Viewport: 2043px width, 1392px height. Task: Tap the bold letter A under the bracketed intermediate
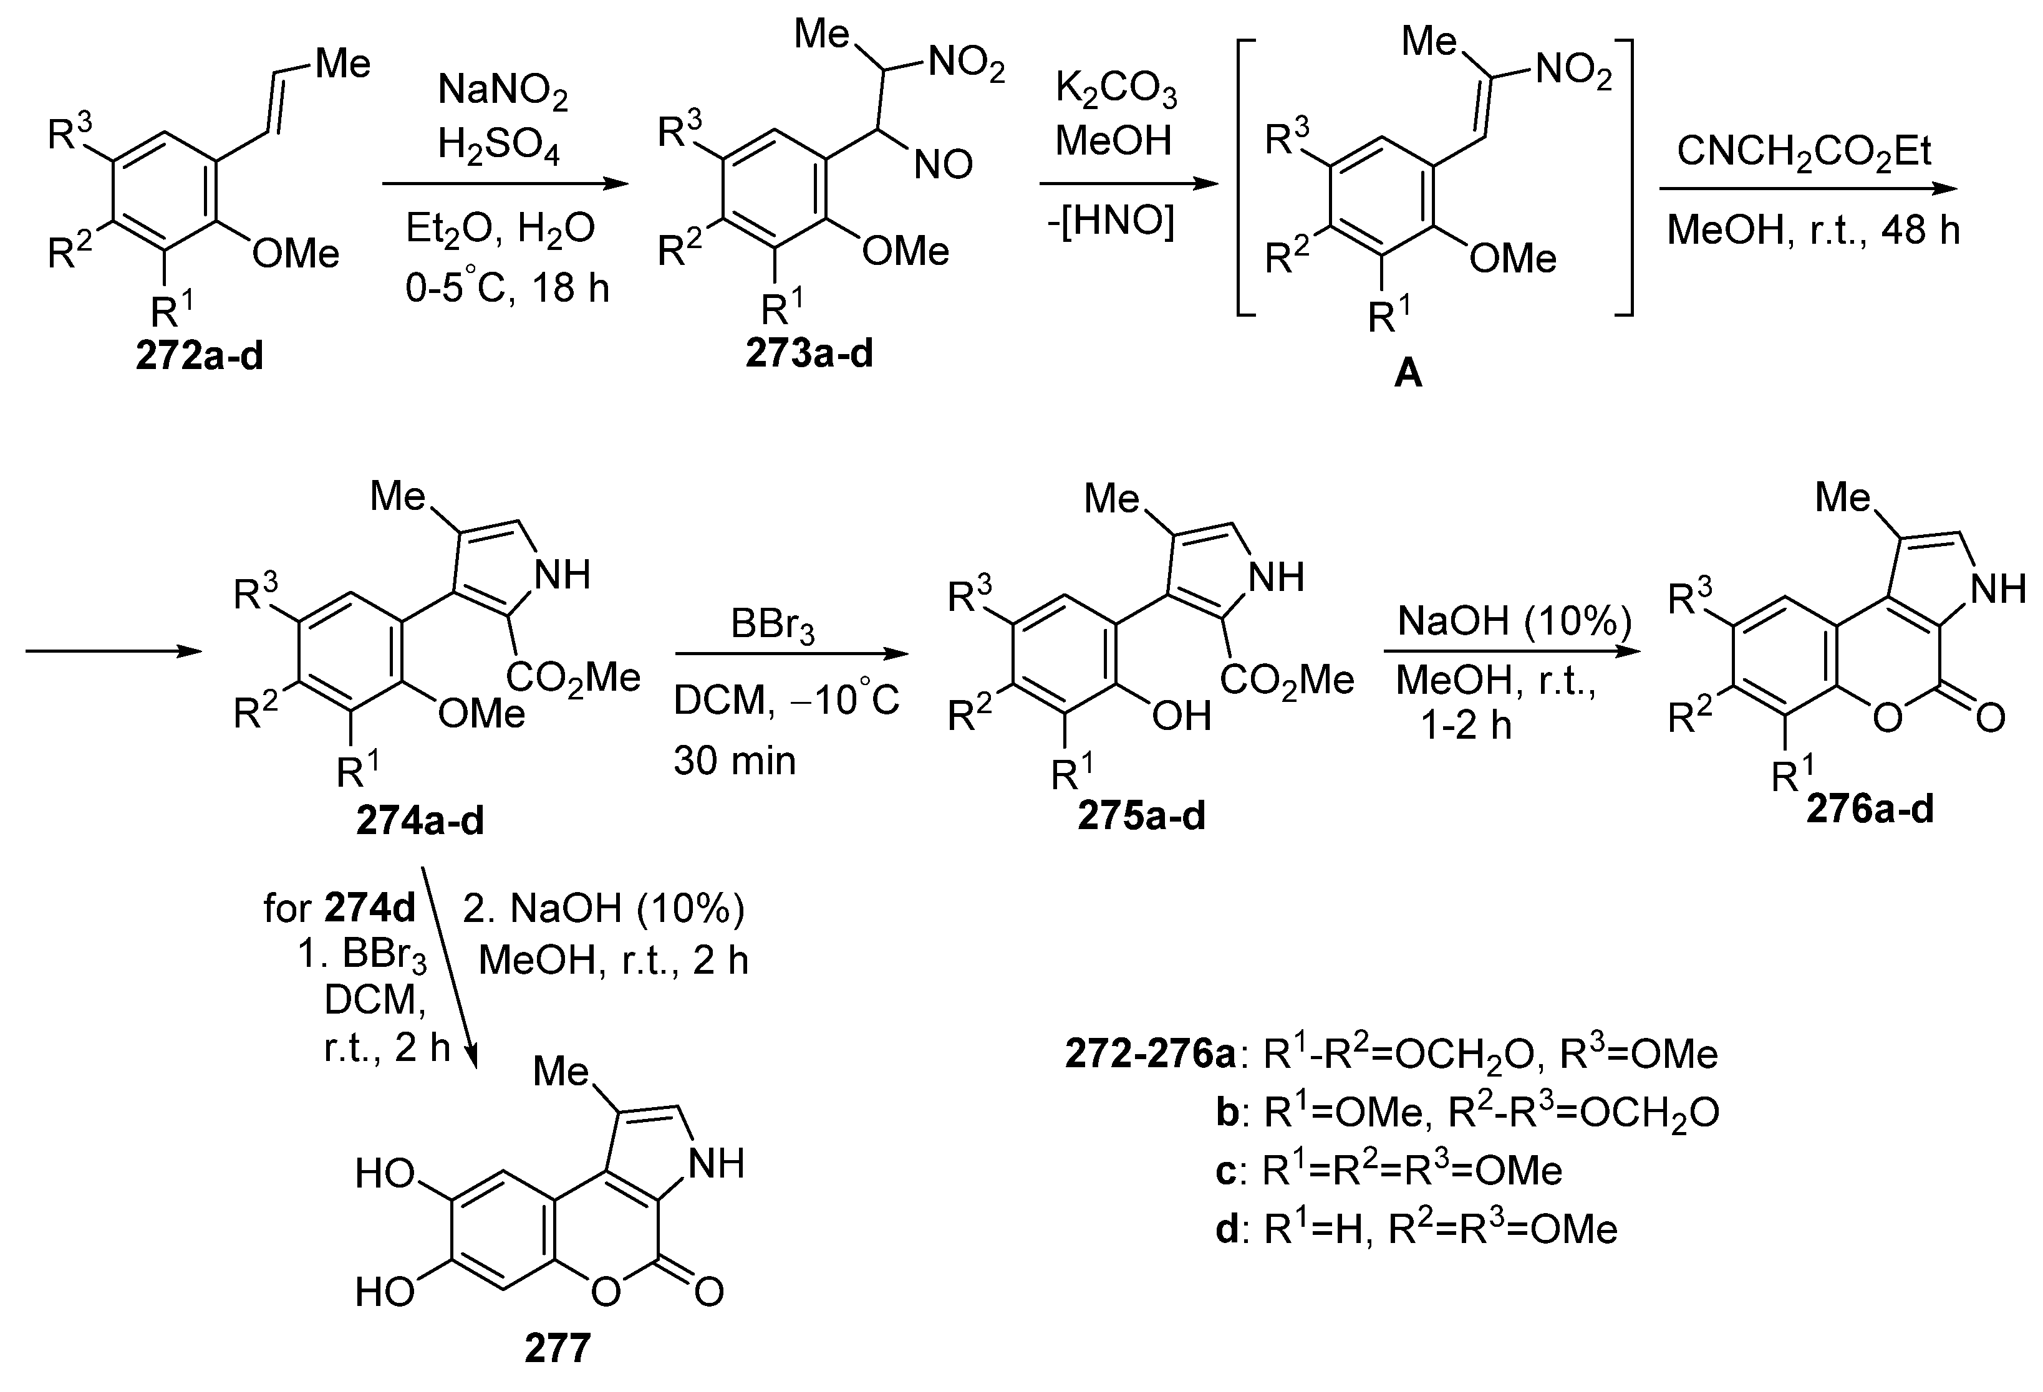1408,373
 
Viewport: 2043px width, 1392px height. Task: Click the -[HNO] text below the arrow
1110,221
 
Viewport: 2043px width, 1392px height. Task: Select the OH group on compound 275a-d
1182,717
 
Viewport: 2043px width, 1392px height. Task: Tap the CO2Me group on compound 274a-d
573,678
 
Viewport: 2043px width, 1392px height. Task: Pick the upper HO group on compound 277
385,1174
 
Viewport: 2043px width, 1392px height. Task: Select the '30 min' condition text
734,760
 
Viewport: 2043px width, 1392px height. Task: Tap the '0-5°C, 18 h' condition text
507,287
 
